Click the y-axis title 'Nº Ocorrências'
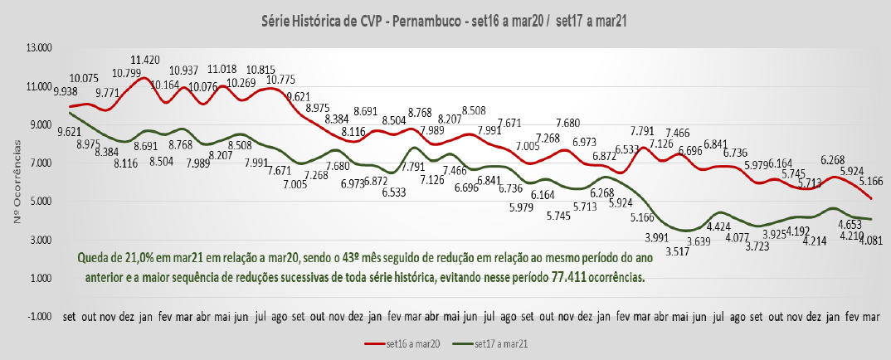click(17, 182)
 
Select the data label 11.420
click(145, 60)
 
